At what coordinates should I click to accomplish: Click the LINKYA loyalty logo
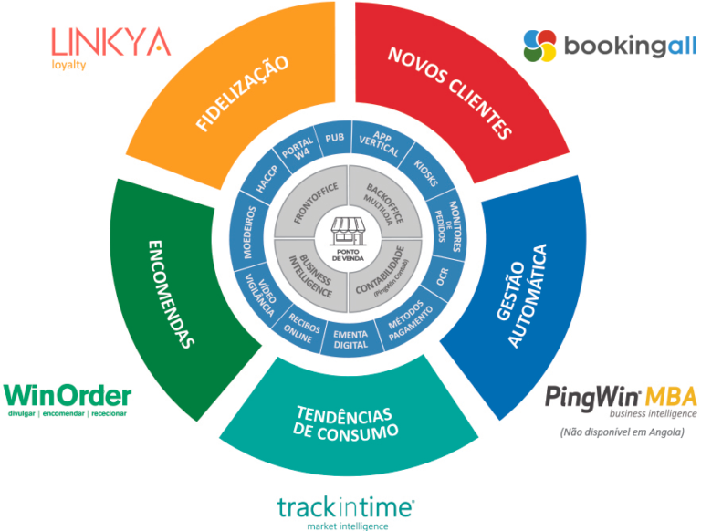point(111,47)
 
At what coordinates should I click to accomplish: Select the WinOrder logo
point(68,400)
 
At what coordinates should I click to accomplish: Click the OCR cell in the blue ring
point(442,276)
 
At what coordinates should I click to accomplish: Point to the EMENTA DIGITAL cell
point(350,339)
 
